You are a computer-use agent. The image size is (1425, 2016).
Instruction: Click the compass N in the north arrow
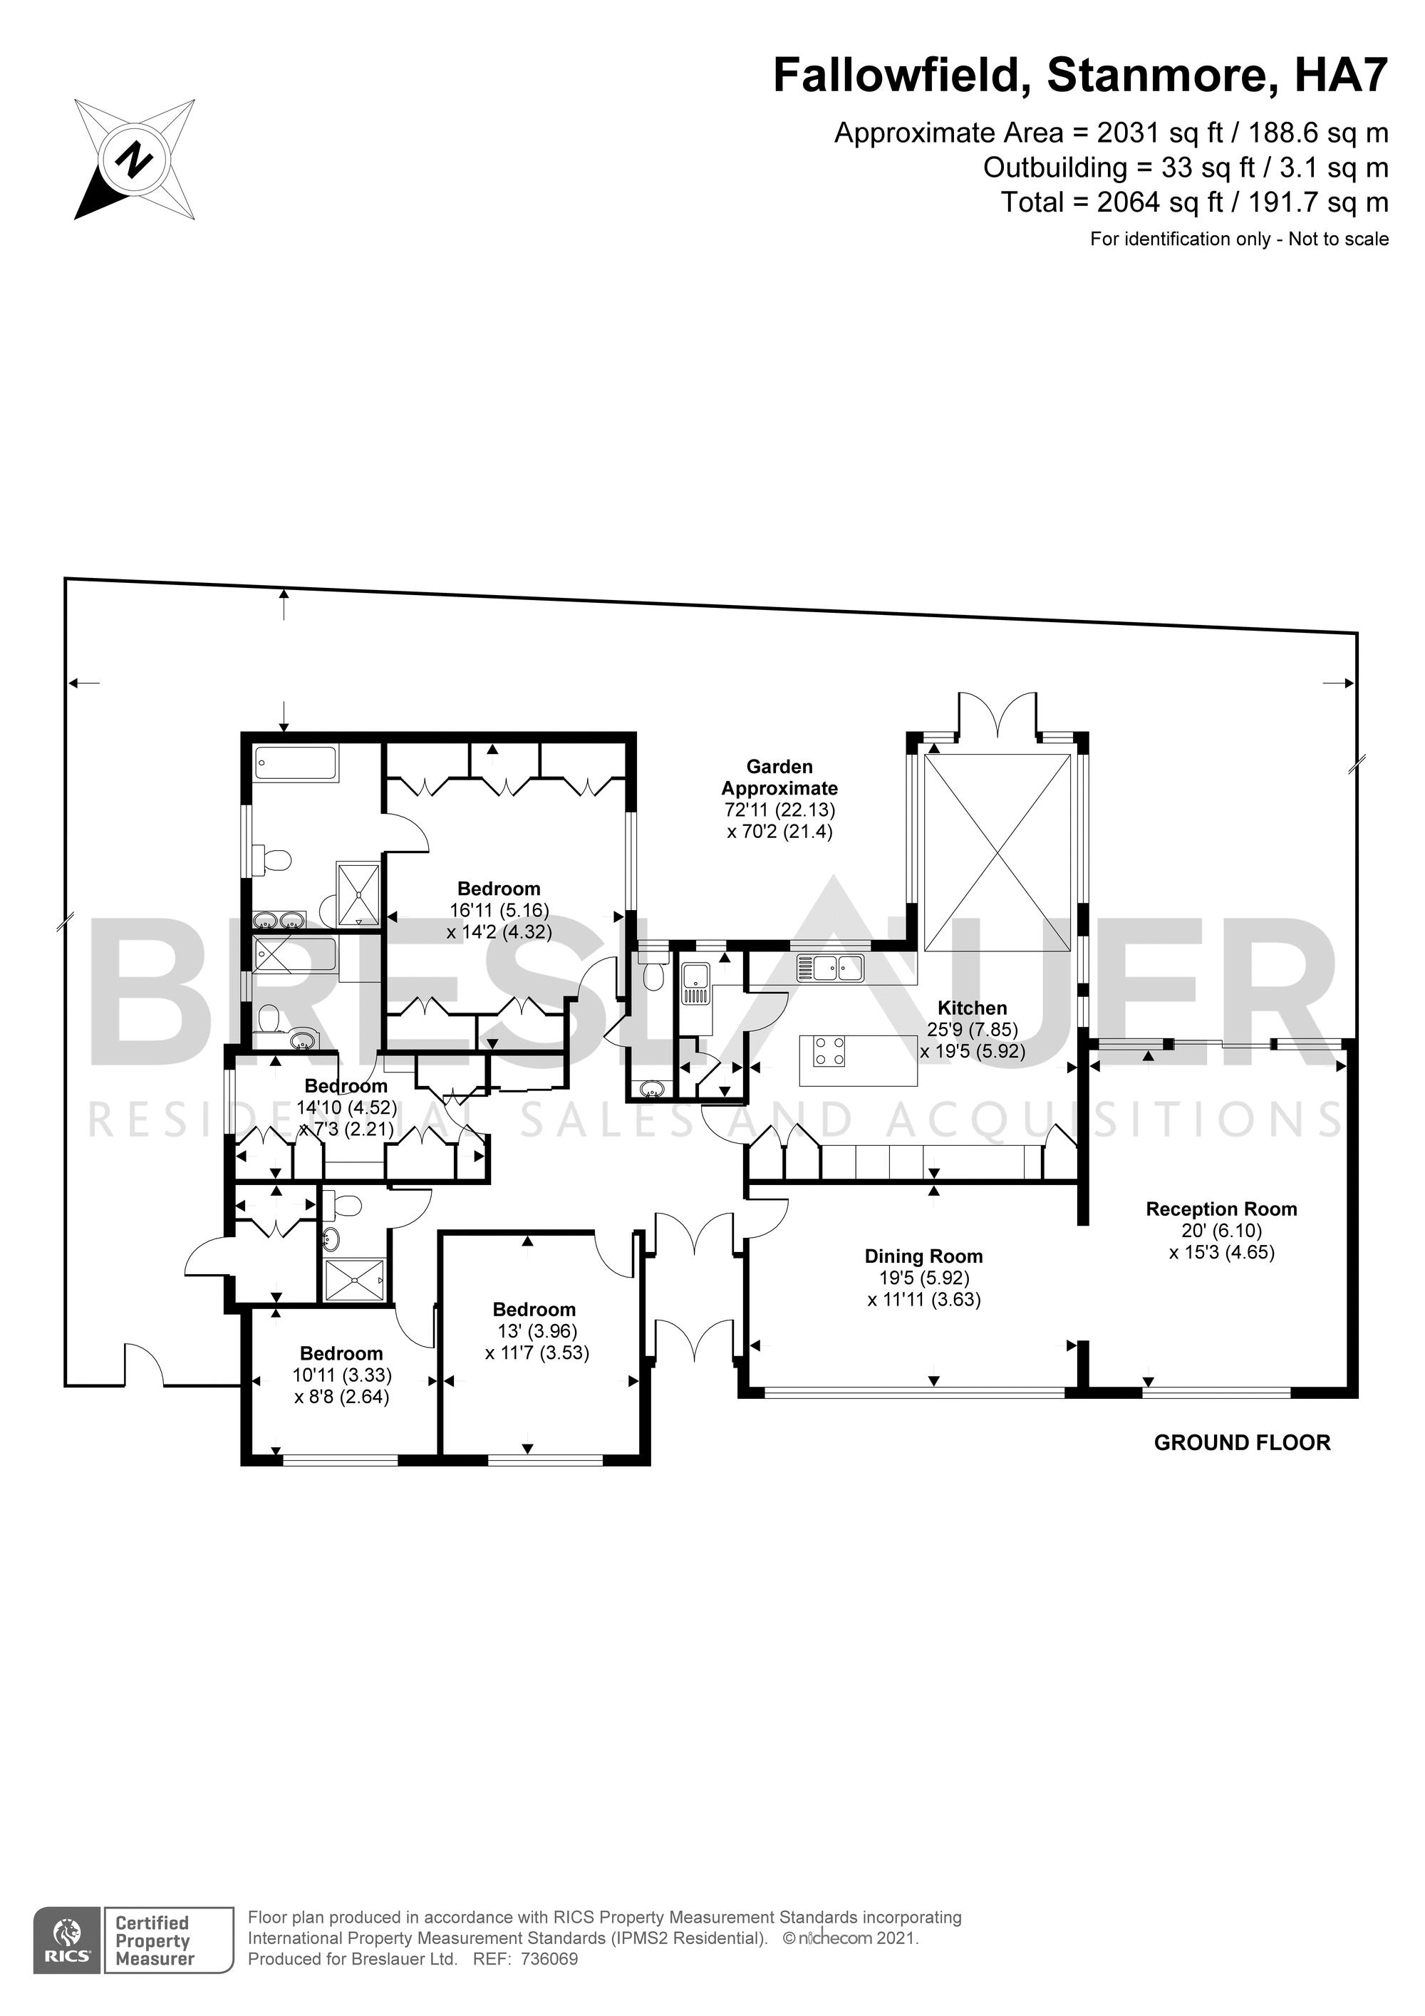(x=133, y=160)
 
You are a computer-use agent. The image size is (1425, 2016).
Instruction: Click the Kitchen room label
(x=972, y=1008)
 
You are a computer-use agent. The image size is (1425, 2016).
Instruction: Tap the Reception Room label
(x=1221, y=1209)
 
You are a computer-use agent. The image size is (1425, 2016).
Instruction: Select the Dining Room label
(x=923, y=1256)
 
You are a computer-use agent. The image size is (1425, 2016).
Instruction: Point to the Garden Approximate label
(x=779, y=777)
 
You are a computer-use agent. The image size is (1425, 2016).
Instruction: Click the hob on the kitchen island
(x=829, y=1051)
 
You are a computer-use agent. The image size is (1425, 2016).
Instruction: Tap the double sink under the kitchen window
(x=831, y=968)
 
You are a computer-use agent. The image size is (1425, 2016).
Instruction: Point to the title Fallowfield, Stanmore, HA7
(x=1080, y=75)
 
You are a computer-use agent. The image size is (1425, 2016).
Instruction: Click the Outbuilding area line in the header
(x=1186, y=167)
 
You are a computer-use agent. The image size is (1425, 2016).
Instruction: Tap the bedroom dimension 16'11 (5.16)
(x=499, y=911)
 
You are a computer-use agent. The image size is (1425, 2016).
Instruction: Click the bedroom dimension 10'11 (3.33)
(x=343, y=1375)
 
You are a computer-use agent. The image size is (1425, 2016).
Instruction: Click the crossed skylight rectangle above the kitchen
(x=998, y=852)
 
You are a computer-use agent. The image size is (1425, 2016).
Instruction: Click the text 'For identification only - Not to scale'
(x=1239, y=239)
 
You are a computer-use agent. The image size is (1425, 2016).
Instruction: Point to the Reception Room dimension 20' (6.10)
(x=1221, y=1231)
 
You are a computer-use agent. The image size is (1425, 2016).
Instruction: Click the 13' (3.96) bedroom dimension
(x=537, y=1332)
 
